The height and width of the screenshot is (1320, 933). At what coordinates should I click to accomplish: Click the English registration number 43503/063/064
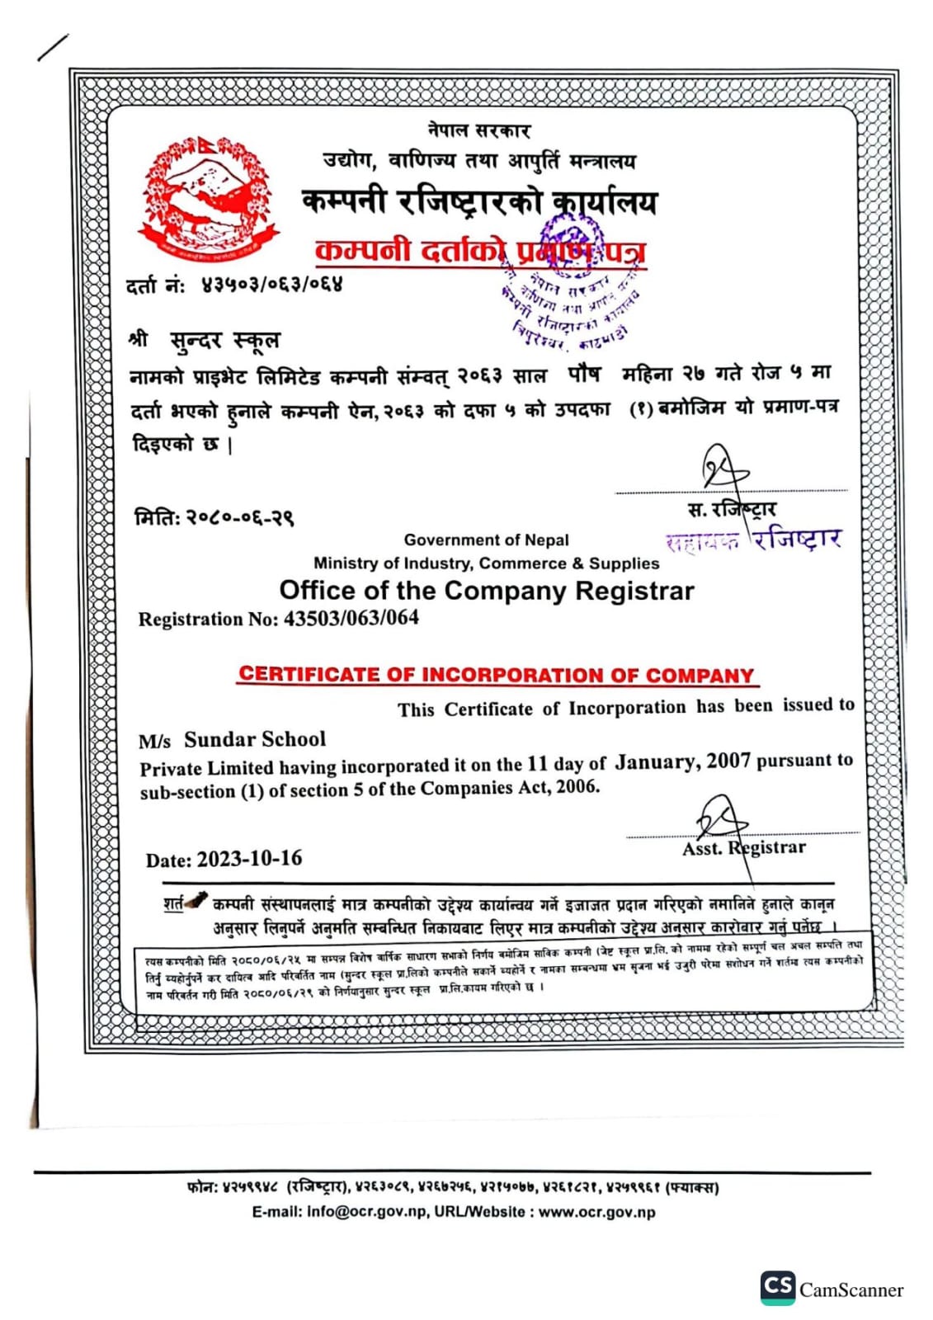click(351, 618)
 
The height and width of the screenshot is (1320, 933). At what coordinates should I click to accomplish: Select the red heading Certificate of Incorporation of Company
click(497, 675)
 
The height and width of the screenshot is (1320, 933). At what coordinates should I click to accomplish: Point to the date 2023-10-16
click(249, 859)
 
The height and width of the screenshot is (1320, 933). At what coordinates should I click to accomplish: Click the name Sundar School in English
click(254, 739)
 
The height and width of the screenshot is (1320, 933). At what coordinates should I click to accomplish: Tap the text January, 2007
click(682, 761)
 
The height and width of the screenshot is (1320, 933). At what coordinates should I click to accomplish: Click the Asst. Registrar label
click(743, 848)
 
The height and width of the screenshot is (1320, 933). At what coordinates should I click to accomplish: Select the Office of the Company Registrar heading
click(487, 591)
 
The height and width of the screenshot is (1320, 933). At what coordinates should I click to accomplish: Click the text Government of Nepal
click(486, 540)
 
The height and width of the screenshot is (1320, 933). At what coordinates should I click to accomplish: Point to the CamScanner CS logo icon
click(777, 1287)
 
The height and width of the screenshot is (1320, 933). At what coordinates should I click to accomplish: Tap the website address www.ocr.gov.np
click(596, 1213)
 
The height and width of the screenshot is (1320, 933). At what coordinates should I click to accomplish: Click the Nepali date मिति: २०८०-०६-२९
click(214, 517)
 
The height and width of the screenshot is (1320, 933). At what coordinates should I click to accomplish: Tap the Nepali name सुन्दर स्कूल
click(224, 340)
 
